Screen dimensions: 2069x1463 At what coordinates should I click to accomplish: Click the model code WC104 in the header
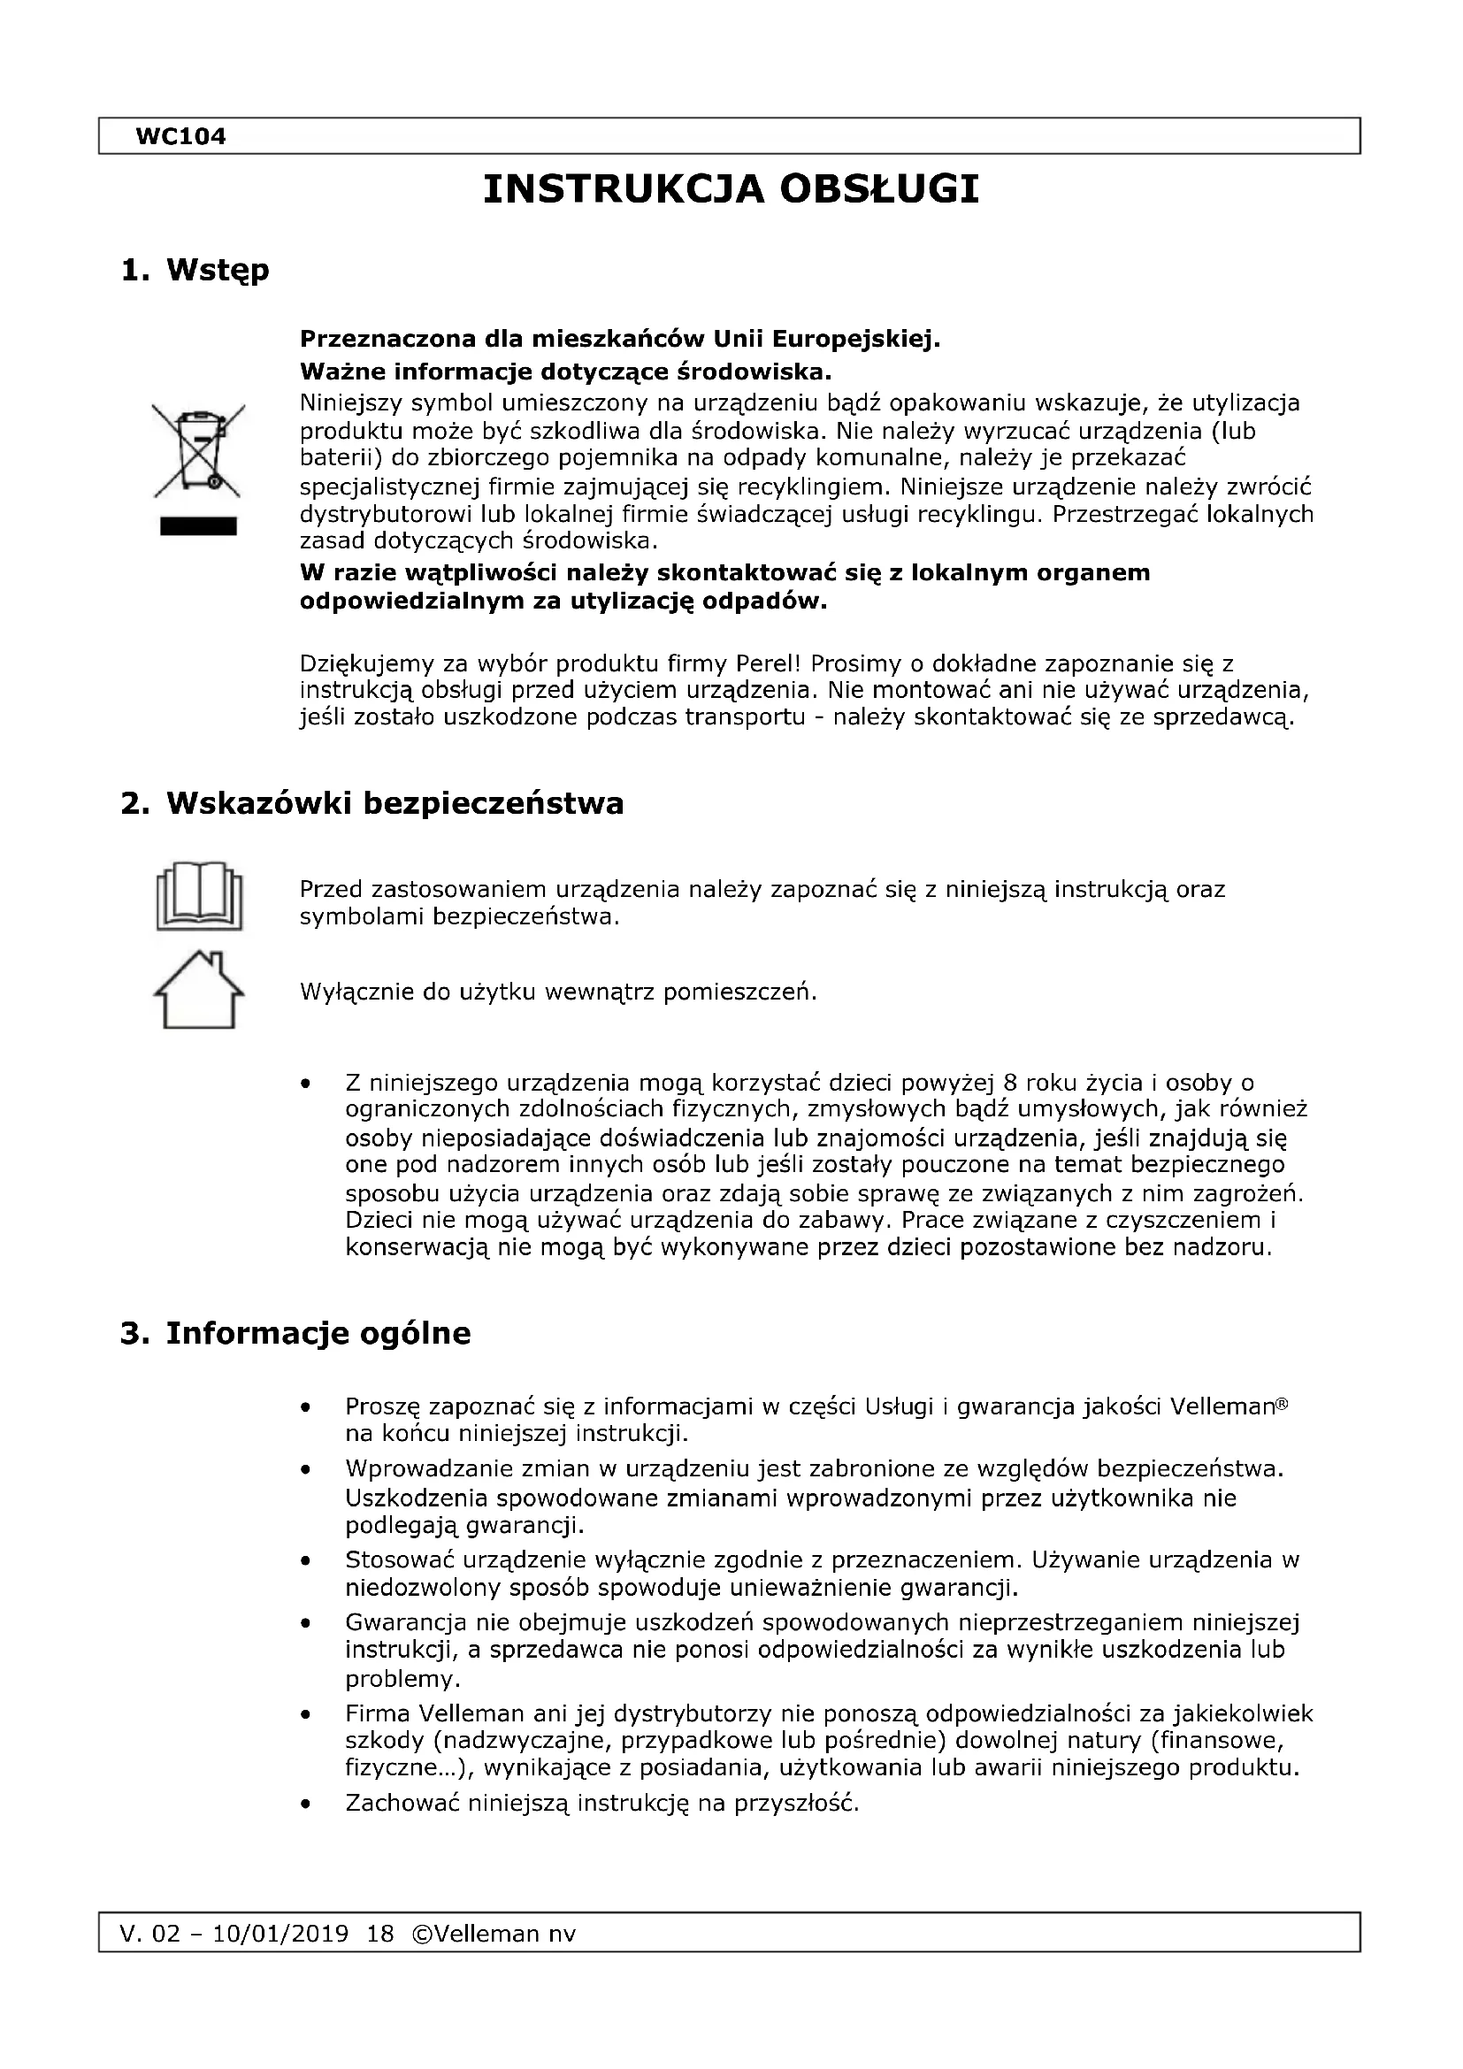(x=180, y=137)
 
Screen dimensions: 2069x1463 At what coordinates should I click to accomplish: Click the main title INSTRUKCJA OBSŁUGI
(x=731, y=190)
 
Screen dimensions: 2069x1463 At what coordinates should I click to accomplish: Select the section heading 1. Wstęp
(x=195, y=270)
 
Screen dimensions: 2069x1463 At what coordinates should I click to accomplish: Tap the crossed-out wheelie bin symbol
(x=197, y=449)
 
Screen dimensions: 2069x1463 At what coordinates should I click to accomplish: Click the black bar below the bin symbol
(x=198, y=526)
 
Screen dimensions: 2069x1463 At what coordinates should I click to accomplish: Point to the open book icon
(x=199, y=898)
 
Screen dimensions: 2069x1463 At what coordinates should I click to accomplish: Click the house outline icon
(x=199, y=990)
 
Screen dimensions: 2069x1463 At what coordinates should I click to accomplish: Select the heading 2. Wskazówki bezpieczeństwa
(x=372, y=803)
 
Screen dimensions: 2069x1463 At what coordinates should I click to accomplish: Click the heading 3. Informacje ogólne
(x=295, y=1333)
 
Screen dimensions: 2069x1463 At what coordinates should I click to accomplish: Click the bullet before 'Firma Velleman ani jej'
(x=308, y=1713)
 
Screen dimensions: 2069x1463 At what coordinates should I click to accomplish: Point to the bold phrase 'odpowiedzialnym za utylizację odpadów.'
(x=563, y=601)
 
